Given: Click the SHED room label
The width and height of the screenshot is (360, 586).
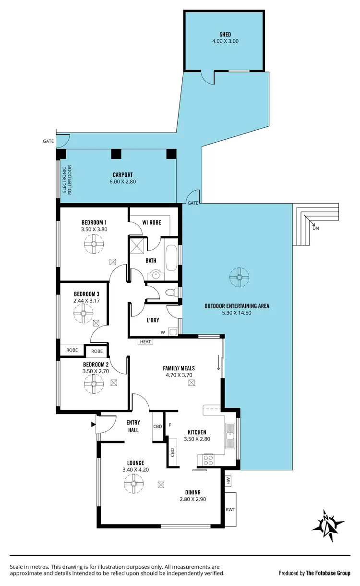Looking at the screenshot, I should point(225,35).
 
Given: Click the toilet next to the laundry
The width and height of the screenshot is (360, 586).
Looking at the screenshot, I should point(169,292).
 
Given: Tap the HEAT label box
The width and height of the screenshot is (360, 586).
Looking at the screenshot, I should point(145,342).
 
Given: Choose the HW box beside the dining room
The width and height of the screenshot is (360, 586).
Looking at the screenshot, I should point(228,479).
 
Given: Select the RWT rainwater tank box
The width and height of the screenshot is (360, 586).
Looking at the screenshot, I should point(230,510).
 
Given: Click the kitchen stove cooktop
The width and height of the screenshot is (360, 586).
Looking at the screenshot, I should point(209,460).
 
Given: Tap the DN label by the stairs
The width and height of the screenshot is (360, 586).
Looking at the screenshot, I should point(315,228).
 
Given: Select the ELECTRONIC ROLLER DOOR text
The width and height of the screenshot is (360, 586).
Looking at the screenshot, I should point(66,179).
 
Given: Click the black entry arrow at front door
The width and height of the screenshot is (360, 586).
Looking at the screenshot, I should point(92,424).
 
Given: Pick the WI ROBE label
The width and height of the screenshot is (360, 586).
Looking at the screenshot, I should point(152,222).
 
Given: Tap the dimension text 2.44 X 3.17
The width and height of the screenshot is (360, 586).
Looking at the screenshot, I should point(86,301).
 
